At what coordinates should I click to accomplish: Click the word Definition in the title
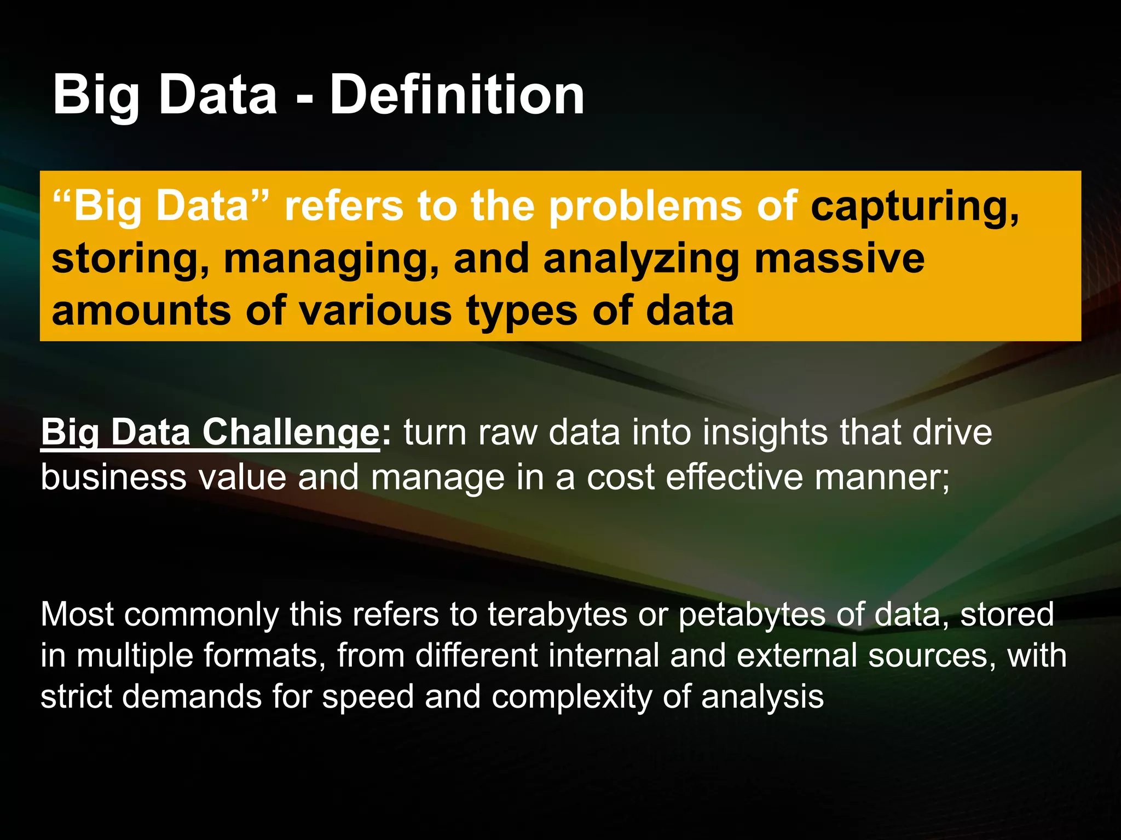(457, 96)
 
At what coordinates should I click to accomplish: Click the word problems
(646, 207)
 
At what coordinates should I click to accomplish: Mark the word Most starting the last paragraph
(77, 615)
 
